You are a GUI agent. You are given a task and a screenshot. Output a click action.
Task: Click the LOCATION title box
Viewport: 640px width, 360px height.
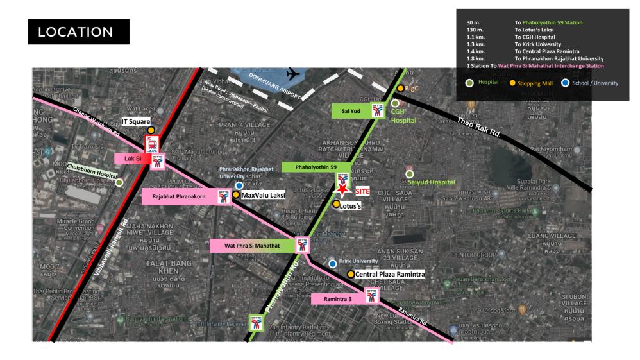click(x=80, y=31)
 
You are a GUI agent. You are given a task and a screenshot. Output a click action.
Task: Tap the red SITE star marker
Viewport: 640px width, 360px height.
click(x=344, y=190)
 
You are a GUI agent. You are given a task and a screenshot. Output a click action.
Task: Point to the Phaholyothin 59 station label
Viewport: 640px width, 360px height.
click(x=307, y=167)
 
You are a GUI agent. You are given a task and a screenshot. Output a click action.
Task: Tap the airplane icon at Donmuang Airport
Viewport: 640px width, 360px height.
click(x=294, y=74)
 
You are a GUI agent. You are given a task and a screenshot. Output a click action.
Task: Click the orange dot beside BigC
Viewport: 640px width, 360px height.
click(x=400, y=89)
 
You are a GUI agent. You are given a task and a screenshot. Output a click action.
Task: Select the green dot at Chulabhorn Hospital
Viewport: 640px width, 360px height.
click(x=119, y=182)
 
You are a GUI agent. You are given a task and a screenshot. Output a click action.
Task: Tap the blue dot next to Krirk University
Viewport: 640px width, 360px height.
click(x=332, y=263)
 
